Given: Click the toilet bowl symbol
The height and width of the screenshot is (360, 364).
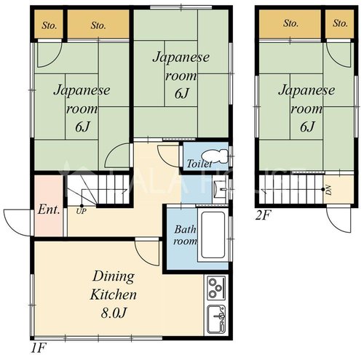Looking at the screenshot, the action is (215, 156).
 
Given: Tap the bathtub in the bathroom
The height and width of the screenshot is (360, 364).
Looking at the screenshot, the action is (213, 236).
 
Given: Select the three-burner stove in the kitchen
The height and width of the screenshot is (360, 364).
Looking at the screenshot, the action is (216, 288).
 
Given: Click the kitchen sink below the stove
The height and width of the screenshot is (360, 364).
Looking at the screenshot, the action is (216, 319).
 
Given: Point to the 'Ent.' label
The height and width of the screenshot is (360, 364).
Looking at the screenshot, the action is (49, 209).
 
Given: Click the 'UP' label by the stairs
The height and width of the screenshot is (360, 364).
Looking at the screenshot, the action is (81, 212).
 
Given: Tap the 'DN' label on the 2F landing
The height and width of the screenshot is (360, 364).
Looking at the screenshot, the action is (328, 190).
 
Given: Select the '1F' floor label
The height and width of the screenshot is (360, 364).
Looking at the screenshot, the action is (38, 348).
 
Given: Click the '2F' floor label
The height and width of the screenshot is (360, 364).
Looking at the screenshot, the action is (262, 215).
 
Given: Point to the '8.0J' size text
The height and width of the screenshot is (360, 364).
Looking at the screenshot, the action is (114, 313).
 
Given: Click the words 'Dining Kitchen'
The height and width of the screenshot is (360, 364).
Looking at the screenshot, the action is (114, 286).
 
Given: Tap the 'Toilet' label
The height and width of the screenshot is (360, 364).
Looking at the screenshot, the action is (199, 164).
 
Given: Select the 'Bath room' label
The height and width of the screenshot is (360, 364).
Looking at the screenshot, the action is (185, 235).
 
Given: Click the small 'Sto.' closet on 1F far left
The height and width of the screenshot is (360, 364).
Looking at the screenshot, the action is (50, 25).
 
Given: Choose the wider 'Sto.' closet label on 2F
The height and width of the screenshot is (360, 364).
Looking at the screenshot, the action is (290, 23).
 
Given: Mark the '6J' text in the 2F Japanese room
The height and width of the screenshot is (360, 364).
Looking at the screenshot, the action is (307, 127).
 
